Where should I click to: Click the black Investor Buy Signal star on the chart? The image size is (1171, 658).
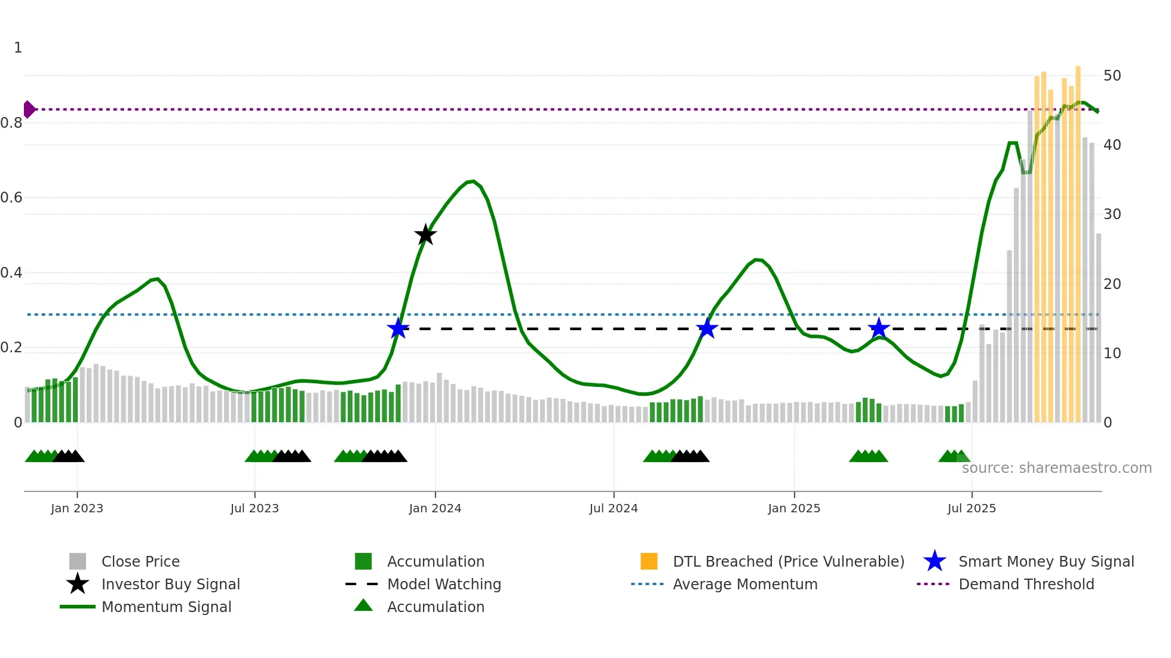pyautogui.click(x=425, y=235)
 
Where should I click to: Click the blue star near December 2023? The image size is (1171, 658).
pyautogui.click(x=398, y=328)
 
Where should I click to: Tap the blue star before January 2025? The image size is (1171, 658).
pyautogui.click(x=707, y=328)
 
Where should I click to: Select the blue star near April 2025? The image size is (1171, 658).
pyautogui.click(x=878, y=328)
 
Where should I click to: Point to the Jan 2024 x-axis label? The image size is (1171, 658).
pyautogui.click(x=435, y=508)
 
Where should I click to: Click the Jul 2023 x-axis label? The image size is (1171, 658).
pyautogui.click(x=255, y=508)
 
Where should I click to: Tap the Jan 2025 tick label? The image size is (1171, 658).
pyautogui.click(x=794, y=508)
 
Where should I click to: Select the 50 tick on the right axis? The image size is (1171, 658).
pyautogui.click(x=1112, y=76)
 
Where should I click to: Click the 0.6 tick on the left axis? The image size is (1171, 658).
pyautogui.click(x=12, y=198)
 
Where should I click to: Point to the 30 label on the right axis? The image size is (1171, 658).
pyautogui.click(x=1112, y=214)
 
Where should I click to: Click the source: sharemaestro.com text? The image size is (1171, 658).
pyautogui.click(x=1056, y=468)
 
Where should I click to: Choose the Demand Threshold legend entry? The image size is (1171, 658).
pyautogui.click(x=1026, y=584)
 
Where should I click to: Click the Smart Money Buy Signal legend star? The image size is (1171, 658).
pyautogui.click(x=934, y=561)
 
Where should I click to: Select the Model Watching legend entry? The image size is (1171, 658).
pyautogui.click(x=443, y=584)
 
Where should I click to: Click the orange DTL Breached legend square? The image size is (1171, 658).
pyautogui.click(x=649, y=561)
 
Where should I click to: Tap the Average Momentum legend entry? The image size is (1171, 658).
pyautogui.click(x=744, y=584)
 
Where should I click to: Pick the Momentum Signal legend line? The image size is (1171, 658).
pyautogui.click(x=78, y=607)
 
